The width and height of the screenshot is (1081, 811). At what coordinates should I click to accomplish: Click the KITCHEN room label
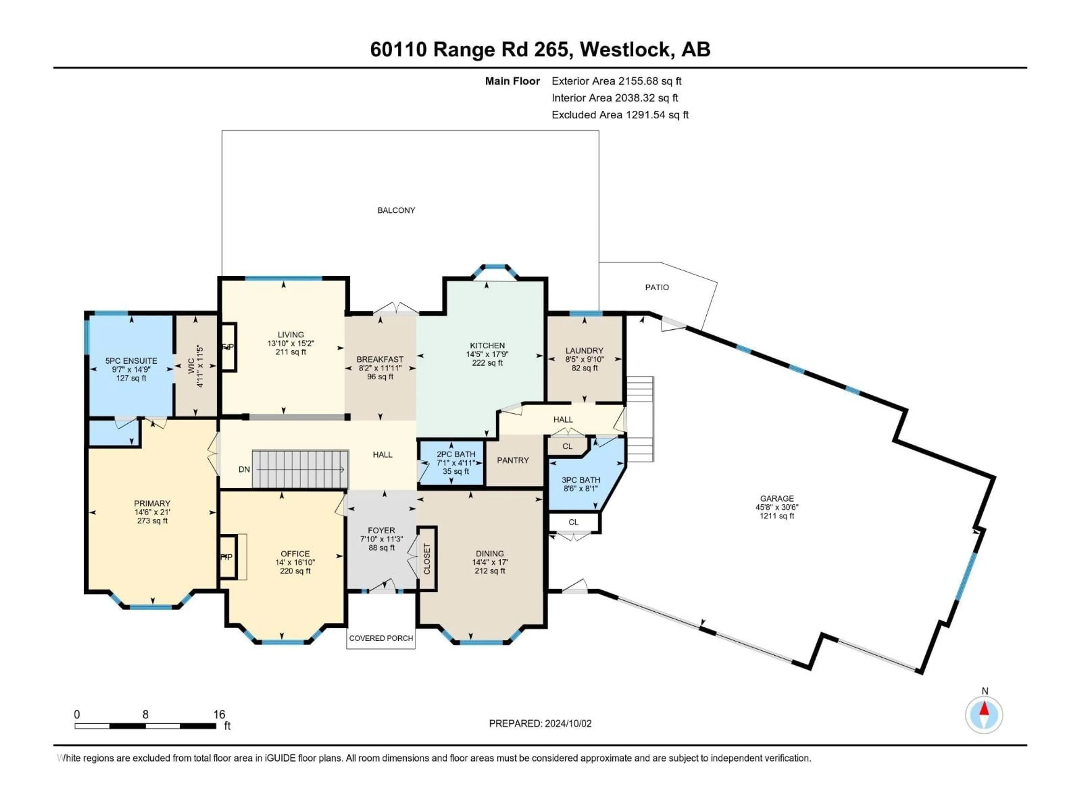pos(487,346)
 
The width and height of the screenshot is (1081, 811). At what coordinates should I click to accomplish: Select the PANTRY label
pos(513,460)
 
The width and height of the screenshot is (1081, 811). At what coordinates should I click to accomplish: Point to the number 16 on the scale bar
pos(219,714)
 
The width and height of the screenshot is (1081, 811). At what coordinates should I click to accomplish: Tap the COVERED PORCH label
pos(381,638)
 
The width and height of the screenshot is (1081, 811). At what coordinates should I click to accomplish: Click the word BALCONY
pos(396,210)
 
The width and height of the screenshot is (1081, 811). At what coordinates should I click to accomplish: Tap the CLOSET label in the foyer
pos(427,559)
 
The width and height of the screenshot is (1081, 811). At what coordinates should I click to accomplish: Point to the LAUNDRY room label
pos(584,351)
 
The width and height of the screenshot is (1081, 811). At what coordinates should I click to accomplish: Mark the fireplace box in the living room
pos(229,347)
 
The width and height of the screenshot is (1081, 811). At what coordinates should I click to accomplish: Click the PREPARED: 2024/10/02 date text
pos(540,723)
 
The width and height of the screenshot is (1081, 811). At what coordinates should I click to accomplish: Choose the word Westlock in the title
pos(626,49)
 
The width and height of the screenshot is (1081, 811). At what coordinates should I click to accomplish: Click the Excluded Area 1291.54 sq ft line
pos(620,115)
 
